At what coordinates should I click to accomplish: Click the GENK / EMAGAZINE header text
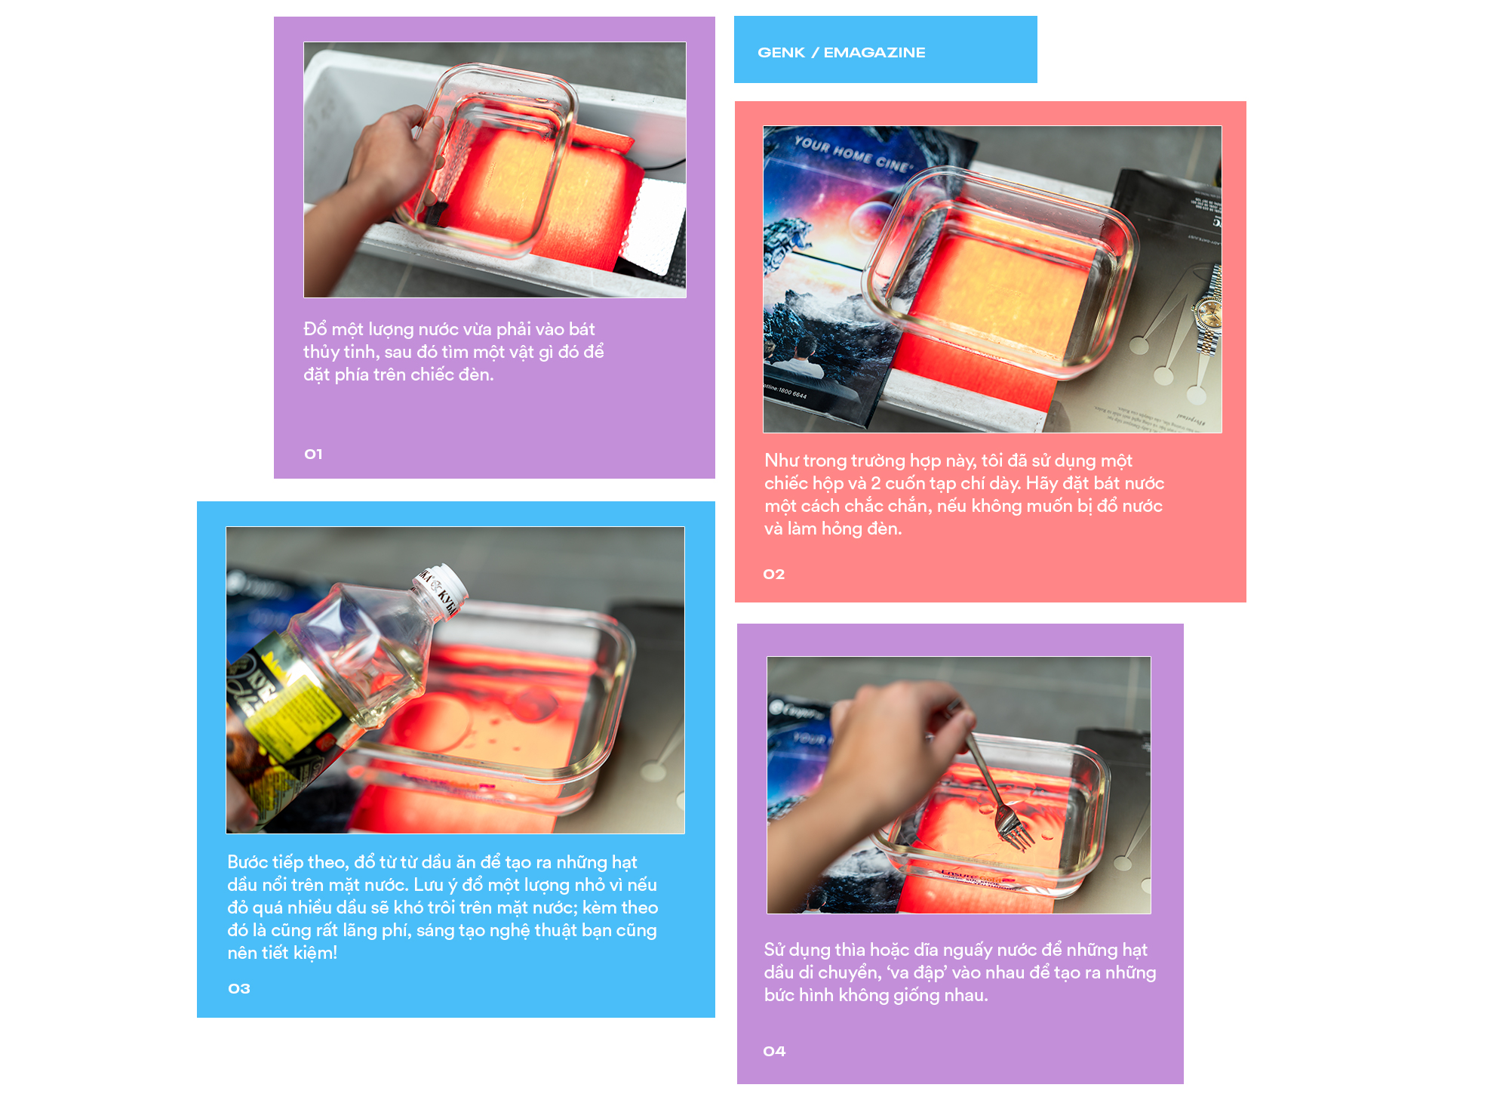[841, 52]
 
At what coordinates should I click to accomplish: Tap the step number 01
[313, 454]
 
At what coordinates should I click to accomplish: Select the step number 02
[774, 574]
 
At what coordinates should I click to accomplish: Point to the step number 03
[239, 988]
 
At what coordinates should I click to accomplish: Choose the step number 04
[774, 1051]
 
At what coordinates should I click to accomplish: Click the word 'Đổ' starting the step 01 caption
[315, 328]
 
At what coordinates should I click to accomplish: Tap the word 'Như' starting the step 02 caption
[782, 461]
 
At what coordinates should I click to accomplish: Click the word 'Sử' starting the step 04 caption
[774, 949]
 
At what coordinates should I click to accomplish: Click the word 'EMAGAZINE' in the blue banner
[874, 52]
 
